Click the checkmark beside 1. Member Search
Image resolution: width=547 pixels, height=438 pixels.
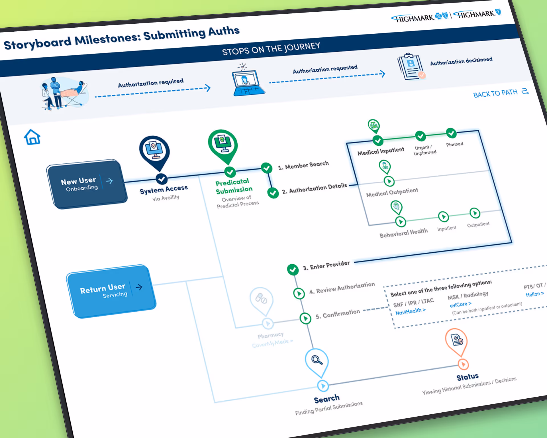pos(267,168)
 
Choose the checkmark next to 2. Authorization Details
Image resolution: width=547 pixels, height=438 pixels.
pos(273,193)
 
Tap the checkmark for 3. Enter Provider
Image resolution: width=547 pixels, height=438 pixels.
pos(293,269)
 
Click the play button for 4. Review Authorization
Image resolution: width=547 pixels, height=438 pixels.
pos(299,293)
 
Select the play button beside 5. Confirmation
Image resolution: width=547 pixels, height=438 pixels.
pos(305,318)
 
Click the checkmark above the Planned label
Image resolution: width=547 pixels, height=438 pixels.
pos(451,133)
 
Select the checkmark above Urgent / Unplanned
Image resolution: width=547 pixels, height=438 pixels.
pos(420,136)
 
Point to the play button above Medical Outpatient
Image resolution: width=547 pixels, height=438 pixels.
pos(389,181)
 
